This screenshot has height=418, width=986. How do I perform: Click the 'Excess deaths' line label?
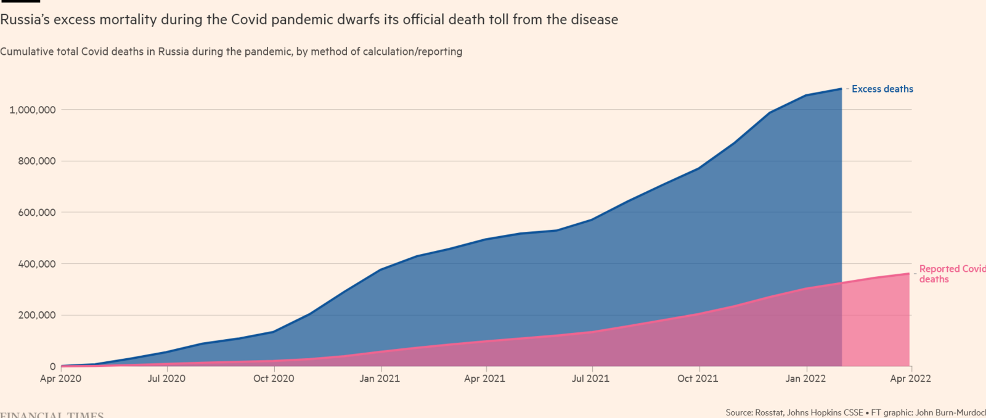[x=882, y=89]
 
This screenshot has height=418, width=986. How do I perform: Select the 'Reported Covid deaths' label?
[x=951, y=274]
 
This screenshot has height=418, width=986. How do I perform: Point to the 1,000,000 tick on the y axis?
[x=32, y=110]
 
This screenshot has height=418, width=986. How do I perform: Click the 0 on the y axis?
[x=52, y=367]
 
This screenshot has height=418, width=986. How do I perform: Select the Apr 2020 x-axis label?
[x=60, y=379]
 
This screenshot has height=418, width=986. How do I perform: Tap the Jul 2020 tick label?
[x=166, y=379]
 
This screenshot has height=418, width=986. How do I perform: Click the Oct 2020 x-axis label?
[x=274, y=379]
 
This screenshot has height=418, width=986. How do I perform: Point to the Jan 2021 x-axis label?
[x=380, y=379]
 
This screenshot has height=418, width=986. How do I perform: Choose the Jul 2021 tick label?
[x=590, y=379]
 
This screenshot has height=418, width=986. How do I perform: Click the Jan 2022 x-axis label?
[x=805, y=379]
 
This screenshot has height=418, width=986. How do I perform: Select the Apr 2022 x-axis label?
[x=910, y=379]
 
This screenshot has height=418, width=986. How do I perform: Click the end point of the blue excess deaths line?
[x=841, y=89]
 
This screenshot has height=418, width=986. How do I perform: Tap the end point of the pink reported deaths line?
[x=910, y=274]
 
